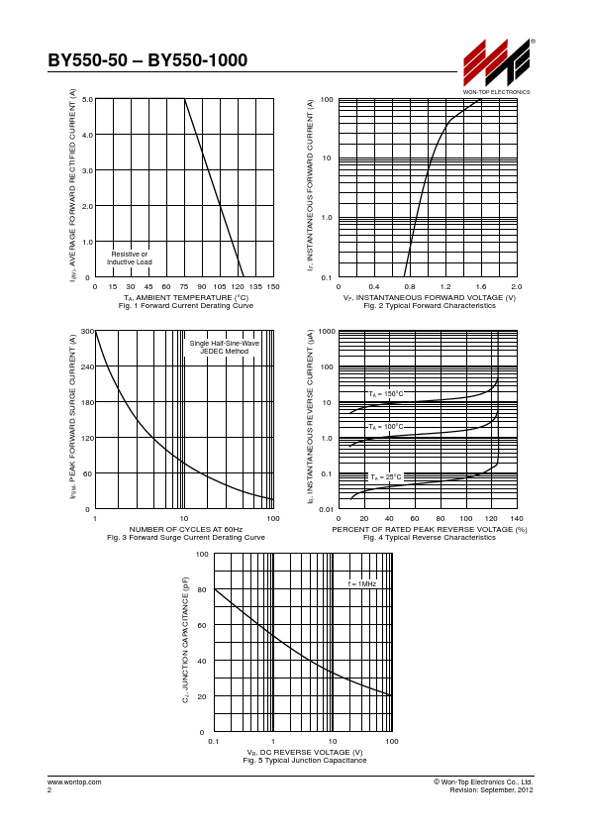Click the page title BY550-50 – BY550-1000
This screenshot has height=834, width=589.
(x=147, y=60)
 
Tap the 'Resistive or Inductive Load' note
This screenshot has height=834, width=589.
(x=130, y=258)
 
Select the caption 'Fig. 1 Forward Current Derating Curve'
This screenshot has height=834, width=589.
(x=186, y=306)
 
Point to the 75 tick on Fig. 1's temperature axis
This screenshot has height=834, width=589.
(x=184, y=286)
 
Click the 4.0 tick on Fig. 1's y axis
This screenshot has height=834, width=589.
(x=87, y=135)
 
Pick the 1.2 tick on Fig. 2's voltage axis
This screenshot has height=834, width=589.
(x=445, y=286)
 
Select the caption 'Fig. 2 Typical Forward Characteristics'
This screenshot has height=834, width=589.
(x=430, y=306)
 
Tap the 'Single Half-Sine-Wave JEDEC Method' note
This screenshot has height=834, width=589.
(x=225, y=348)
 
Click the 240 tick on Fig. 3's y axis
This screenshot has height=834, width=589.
(x=87, y=367)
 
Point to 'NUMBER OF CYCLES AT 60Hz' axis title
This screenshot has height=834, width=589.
(x=186, y=529)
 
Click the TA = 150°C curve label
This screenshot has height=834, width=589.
(x=386, y=394)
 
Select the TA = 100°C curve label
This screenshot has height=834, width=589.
(x=386, y=427)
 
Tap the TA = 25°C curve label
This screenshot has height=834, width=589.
(x=386, y=477)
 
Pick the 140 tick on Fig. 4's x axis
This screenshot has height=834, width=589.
(x=517, y=519)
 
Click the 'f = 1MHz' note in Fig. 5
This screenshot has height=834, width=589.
(x=362, y=584)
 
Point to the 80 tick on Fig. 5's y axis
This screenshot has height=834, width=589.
(x=202, y=590)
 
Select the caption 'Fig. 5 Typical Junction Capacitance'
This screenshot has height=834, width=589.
(x=305, y=761)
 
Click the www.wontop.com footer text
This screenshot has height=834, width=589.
(x=74, y=782)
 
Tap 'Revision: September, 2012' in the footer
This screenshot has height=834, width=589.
(x=491, y=789)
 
